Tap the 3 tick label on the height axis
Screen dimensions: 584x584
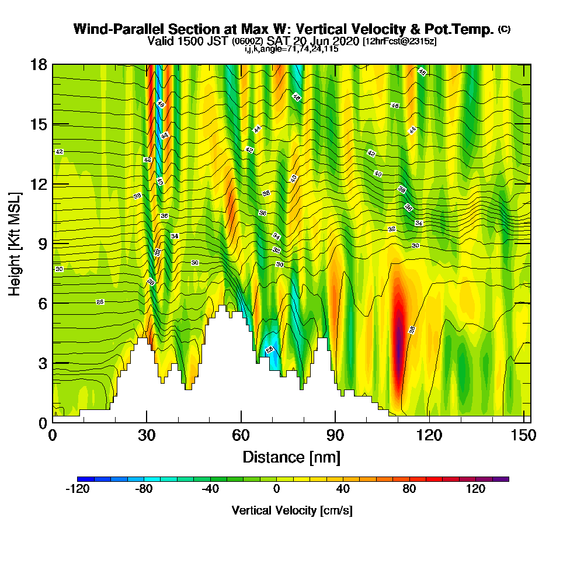pos(42,363)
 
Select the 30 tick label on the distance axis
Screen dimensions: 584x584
pos(147,435)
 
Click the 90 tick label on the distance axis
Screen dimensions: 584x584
pos(335,435)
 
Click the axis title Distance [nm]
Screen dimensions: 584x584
pos(291,456)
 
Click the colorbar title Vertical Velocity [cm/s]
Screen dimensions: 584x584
pos(291,510)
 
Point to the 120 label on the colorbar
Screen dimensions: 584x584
pos(475,489)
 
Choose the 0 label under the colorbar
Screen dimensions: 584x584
pos(276,489)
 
